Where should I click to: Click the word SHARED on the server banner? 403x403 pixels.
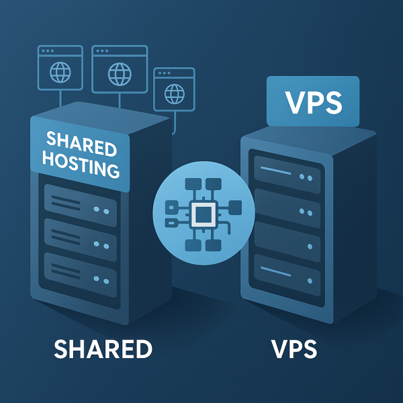pos(81,143)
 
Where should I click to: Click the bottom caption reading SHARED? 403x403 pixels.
pos(103,350)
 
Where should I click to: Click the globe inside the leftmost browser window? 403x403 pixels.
pos(61,71)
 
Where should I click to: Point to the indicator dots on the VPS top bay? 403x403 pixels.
pos(306,177)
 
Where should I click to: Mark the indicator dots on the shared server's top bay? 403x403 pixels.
pos(101,210)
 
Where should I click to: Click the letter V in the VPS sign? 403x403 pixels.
pos(292,102)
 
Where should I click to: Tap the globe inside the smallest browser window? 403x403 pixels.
pos(173,91)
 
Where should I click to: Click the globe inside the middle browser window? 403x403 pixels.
pos(119,71)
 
